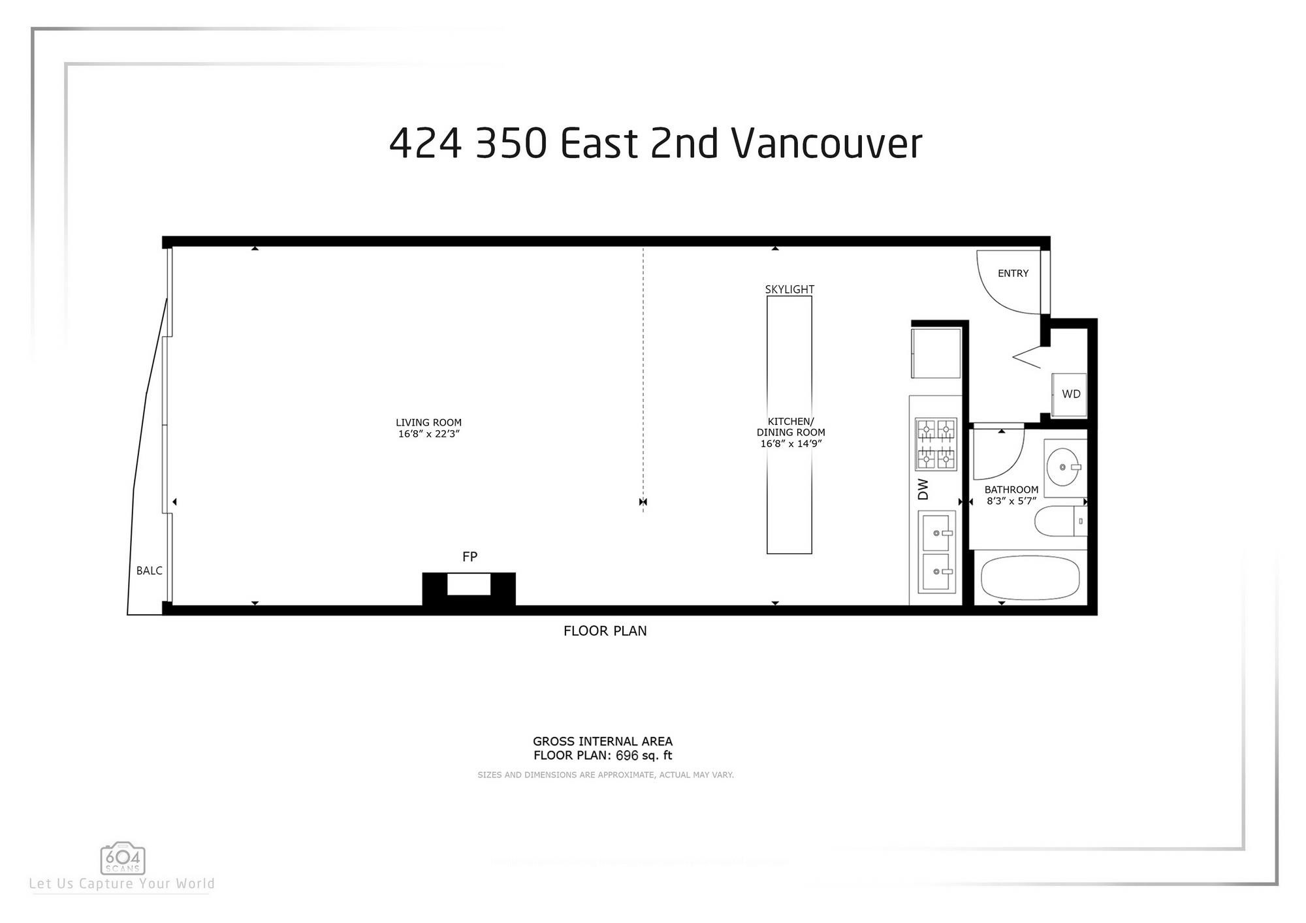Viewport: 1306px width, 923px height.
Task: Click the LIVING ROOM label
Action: pos(428,422)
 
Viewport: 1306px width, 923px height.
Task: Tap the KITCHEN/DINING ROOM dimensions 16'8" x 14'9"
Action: pos(790,444)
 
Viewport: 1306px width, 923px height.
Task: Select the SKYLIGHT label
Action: pos(789,289)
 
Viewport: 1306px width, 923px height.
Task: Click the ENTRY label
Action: pos(1013,274)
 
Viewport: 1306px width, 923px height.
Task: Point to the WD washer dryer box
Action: pos(1070,394)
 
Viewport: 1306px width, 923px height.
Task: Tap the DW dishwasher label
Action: pos(923,490)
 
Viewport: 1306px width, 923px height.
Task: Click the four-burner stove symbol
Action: pos(935,445)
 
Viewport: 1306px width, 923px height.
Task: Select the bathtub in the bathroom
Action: pos(1030,578)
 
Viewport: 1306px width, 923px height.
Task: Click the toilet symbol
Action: pos(1059,521)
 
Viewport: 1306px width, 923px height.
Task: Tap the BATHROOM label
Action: pos(1011,490)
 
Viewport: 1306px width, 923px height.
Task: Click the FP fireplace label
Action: pos(470,557)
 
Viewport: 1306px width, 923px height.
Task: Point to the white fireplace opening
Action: pos(469,584)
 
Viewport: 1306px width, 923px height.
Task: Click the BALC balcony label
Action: pos(149,571)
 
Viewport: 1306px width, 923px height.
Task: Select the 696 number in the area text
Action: pos(627,755)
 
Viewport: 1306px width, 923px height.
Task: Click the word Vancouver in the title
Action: pos(826,143)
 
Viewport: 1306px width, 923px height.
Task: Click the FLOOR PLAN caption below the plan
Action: pos(605,631)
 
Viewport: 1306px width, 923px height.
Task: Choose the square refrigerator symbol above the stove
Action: pos(936,353)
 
